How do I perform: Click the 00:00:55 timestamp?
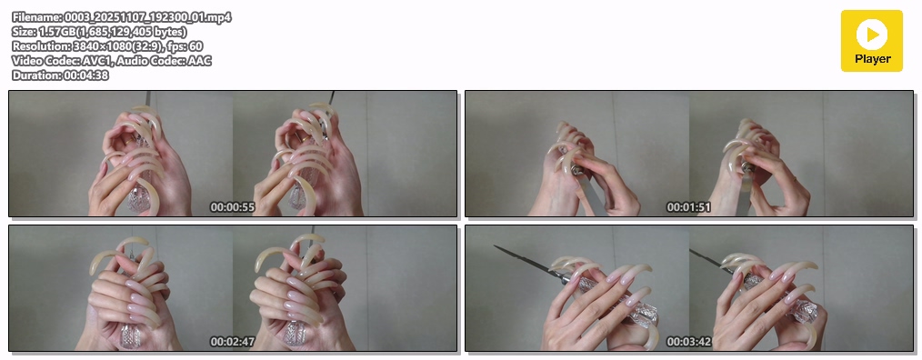pos(232,207)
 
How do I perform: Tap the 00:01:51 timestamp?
pos(688,207)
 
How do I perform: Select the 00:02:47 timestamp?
pos(232,342)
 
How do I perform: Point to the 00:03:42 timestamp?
pos(688,342)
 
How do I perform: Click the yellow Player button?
pos(871,41)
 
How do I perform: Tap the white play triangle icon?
pos(873,35)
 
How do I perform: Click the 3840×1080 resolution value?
pos(103,45)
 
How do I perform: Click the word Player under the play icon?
pos(873,59)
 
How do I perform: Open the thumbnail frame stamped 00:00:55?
pos(233,154)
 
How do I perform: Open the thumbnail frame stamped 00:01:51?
pos(689,154)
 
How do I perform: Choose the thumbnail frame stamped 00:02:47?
pos(233,288)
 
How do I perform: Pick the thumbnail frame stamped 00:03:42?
pos(689,288)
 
